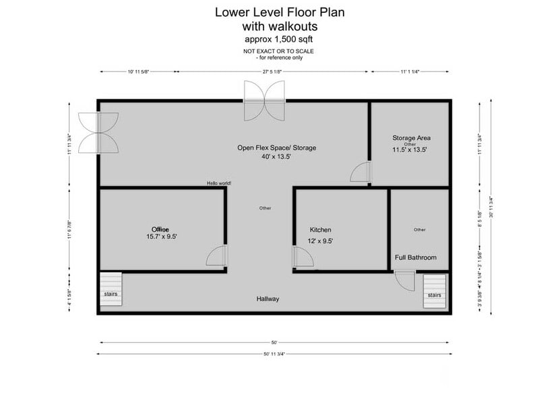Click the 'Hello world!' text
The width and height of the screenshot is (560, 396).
[219, 183]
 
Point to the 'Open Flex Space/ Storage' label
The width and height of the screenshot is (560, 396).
[276, 147]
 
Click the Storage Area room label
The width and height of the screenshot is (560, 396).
[411, 138]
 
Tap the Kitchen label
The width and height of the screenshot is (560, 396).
[320, 230]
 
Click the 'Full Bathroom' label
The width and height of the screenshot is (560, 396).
[415, 257]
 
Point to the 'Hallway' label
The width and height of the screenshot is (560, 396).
[268, 298]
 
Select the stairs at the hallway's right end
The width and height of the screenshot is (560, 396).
[435, 291]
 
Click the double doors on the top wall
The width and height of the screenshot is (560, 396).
[266, 100]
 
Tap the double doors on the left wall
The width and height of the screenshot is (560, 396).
[98, 132]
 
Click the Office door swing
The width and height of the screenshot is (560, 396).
[216, 258]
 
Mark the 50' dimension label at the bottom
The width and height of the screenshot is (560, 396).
[274, 342]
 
